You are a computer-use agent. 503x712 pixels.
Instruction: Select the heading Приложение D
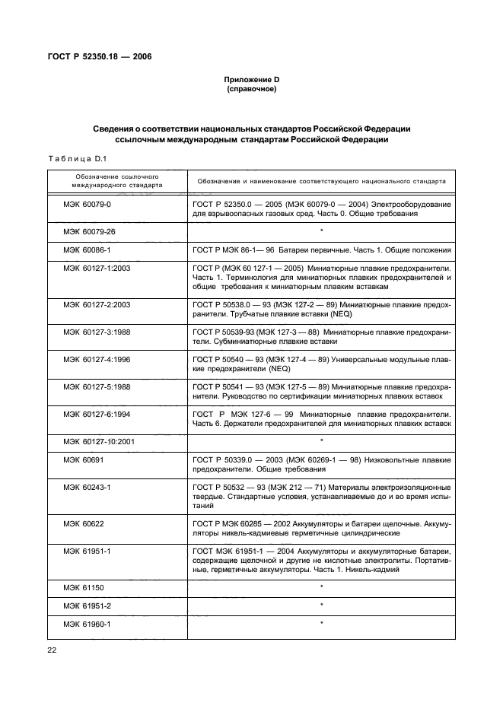click(251, 80)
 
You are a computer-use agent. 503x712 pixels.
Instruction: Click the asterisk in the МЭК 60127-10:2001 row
click(322, 441)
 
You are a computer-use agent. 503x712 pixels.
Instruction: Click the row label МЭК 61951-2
click(84, 606)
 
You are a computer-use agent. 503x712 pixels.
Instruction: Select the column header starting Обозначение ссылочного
click(116, 180)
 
